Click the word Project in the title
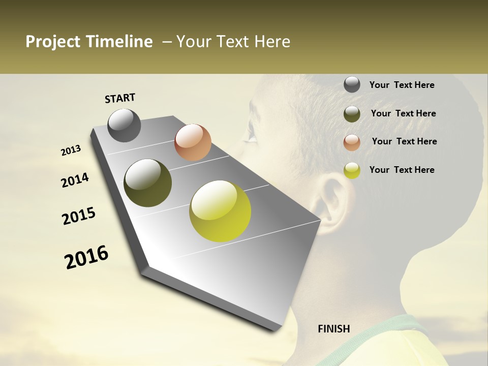point(52,42)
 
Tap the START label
point(120,98)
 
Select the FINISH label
point(334,329)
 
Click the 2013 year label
point(71,150)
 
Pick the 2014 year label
point(75,180)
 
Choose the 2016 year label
point(86,257)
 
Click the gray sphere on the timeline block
point(124,125)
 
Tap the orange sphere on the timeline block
point(193,142)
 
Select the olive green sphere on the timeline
point(147,183)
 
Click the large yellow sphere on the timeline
point(220,211)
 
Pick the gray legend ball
point(352,85)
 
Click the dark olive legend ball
point(352,114)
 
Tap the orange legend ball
point(352,142)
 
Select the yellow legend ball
point(352,170)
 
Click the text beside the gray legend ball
point(402,85)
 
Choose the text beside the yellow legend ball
point(402,170)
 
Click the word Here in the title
point(272,42)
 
